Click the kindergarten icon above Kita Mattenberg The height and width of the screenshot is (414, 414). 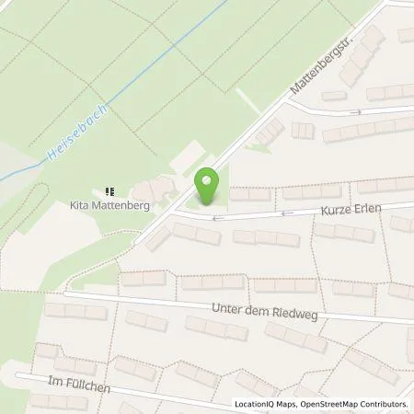[x=110, y=192]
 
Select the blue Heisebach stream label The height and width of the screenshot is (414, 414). [x=75, y=134]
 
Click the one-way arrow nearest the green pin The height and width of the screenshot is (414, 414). [x=217, y=218]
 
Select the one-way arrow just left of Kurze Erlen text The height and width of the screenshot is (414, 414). [x=286, y=213]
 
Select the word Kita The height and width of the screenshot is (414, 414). [x=81, y=206]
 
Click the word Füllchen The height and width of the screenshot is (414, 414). [x=88, y=387]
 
